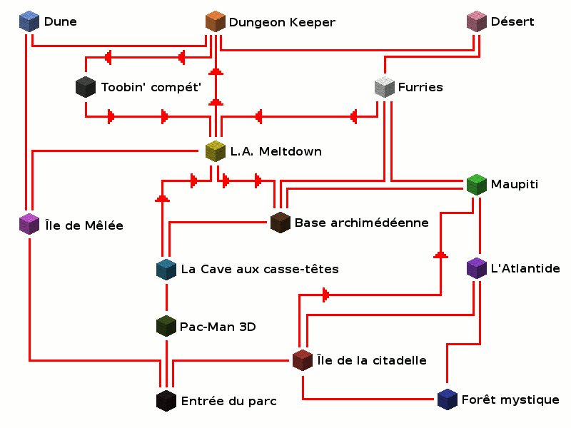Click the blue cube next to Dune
(x=29, y=21)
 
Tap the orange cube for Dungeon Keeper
(x=215, y=21)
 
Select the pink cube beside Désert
(x=476, y=21)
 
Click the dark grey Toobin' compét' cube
(x=85, y=87)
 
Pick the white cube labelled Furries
(x=384, y=87)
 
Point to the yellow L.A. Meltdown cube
(x=215, y=151)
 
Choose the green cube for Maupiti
(x=476, y=185)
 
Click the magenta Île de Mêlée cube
(x=29, y=225)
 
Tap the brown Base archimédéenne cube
(x=281, y=222)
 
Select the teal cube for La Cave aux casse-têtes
(x=166, y=269)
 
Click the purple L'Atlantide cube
(x=476, y=268)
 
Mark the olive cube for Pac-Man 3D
(x=166, y=327)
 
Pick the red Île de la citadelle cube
(x=303, y=360)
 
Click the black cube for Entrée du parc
(x=166, y=400)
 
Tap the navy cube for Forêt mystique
(x=447, y=399)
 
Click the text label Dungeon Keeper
(x=281, y=23)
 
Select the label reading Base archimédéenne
(x=361, y=223)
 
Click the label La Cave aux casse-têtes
(x=260, y=270)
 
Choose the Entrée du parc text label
(x=228, y=402)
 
